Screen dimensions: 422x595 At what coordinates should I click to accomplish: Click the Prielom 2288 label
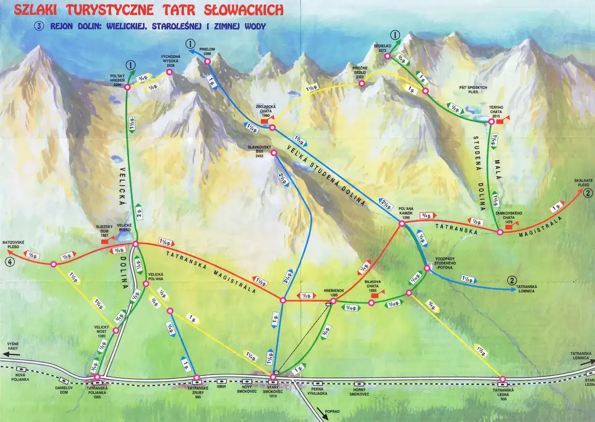[207, 52]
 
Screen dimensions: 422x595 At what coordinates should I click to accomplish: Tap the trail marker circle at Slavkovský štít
[274, 153]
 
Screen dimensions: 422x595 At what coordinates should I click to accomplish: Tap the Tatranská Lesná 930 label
[502, 392]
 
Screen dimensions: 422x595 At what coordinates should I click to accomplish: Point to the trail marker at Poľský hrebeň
[127, 87]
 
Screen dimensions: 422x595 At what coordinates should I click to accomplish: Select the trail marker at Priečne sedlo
[362, 84]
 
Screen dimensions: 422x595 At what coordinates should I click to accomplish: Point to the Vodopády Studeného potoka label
[443, 260]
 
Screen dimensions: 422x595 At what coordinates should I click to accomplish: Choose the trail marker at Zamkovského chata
[498, 231]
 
